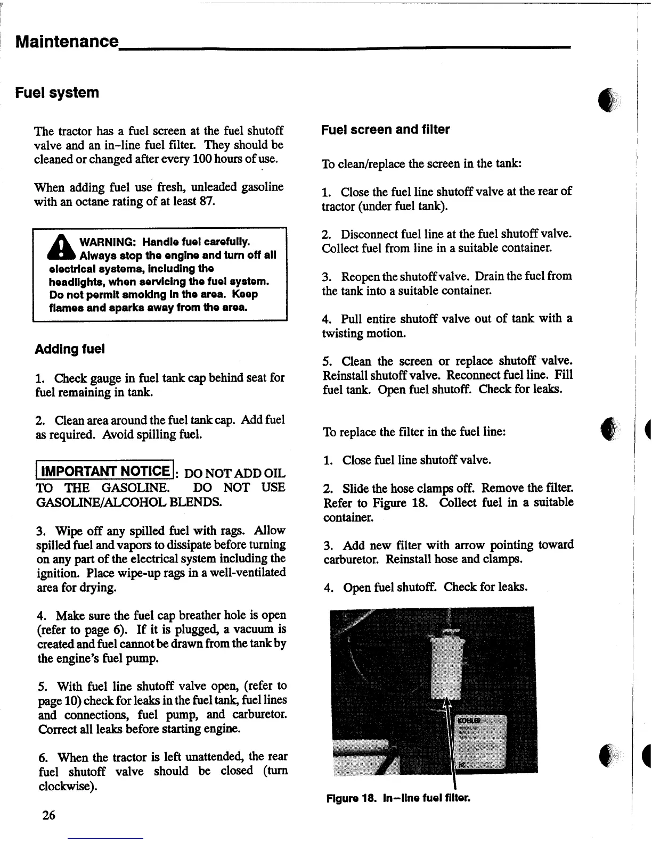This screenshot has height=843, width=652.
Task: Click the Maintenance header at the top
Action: point(66,41)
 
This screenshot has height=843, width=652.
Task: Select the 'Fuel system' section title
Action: point(57,93)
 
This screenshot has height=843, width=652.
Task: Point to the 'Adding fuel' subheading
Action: point(69,350)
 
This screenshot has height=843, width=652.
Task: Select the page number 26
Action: point(48,815)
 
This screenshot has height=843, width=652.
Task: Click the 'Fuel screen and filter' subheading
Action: point(385,130)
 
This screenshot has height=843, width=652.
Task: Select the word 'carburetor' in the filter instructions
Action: point(352,559)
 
